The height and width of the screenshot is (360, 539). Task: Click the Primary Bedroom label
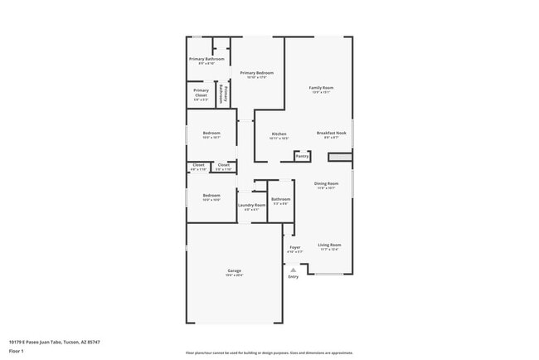(x=257, y=73)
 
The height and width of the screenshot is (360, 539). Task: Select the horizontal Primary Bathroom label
(x=206, y=59)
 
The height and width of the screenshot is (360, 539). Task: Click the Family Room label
(x=321, y=87)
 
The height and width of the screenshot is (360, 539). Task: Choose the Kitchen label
(x=279, y=134)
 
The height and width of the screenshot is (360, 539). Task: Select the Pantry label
(x=302, y=155)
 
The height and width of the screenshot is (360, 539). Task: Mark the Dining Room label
(x=326, y=183)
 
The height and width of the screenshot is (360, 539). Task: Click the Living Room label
(x=329, y=245)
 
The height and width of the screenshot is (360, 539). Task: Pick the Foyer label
(x=294, y=247)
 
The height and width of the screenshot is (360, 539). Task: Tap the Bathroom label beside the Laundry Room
(x=280, y=198)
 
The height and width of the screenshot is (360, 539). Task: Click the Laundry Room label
(x=251, y=205)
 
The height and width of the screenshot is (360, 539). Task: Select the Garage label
(x=235, y=270)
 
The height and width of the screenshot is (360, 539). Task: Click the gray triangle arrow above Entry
(x=293, y=268)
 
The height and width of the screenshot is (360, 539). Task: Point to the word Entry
(x=293, y=276)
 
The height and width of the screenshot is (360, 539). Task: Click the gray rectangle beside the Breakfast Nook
(x=339, y=156)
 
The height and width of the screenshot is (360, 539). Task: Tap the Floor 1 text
(x=17, y=351)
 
